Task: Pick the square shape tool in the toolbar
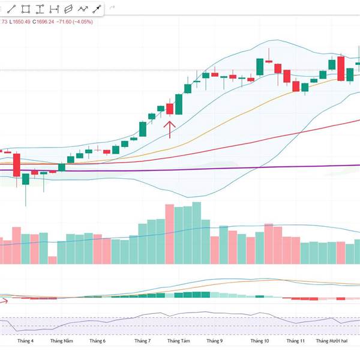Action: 26,9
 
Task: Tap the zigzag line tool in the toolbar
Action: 82,9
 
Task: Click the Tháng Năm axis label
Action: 61,341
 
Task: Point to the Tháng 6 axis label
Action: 97,341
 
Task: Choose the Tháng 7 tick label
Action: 142,341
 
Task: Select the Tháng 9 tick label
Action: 214,341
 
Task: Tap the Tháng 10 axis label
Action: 260,341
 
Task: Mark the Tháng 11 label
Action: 296,341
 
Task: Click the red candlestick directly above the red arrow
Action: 170,109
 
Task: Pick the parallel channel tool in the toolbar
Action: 68,9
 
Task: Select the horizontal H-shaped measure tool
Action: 54,9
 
